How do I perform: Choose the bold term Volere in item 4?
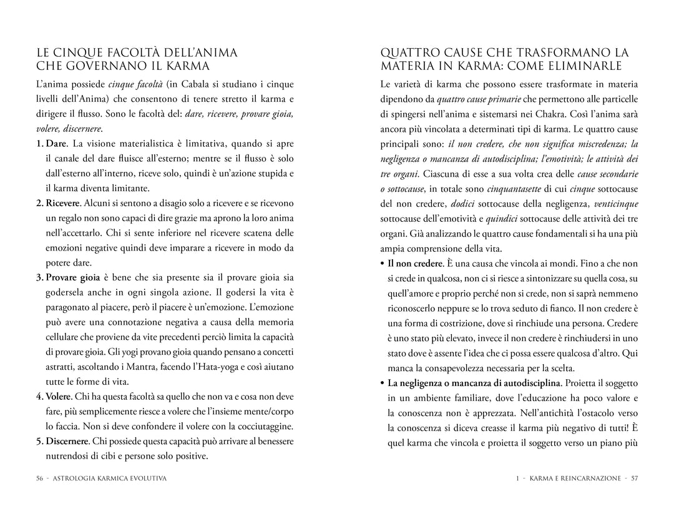(x=59, y=397)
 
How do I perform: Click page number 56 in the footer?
(x=40, y=479)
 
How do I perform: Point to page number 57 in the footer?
(x=634, y=479)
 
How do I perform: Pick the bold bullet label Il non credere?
(x=415, y=263)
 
